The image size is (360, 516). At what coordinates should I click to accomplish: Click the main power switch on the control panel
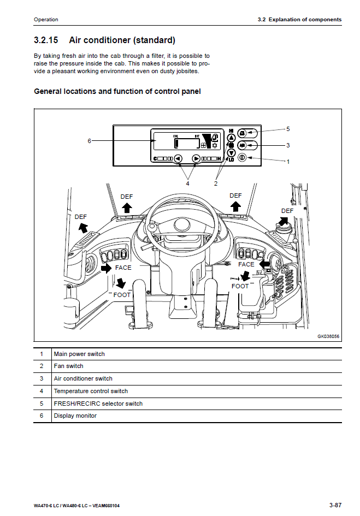[x=242, y=158]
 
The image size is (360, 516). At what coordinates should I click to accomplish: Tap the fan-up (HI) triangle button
[x=231, y=139]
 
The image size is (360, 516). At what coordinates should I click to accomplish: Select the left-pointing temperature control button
[x=178, y=159]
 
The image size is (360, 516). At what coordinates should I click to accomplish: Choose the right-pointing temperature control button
[x=196, y=159]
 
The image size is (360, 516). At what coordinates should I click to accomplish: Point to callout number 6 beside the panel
[x=89, y=141]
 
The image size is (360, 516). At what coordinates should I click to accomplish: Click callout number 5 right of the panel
[x=288, y=128]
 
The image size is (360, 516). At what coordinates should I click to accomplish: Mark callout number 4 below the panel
[x=187, y=183]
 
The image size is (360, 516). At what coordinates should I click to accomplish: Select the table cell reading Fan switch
[x=68, y=366]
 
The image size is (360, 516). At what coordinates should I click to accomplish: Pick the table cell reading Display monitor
[x=75, y=416]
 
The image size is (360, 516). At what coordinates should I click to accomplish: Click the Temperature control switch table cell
[x=91, y=391]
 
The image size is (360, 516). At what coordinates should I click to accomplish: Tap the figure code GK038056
[x=328, y=336]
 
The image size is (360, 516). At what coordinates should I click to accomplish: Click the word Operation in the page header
[x=46, y=20]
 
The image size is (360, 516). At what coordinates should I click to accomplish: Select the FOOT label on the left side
[x=122, y=295]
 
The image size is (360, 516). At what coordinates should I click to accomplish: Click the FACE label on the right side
[x=246, y=264]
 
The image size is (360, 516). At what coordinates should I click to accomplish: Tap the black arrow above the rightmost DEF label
[x=284, y=220]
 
